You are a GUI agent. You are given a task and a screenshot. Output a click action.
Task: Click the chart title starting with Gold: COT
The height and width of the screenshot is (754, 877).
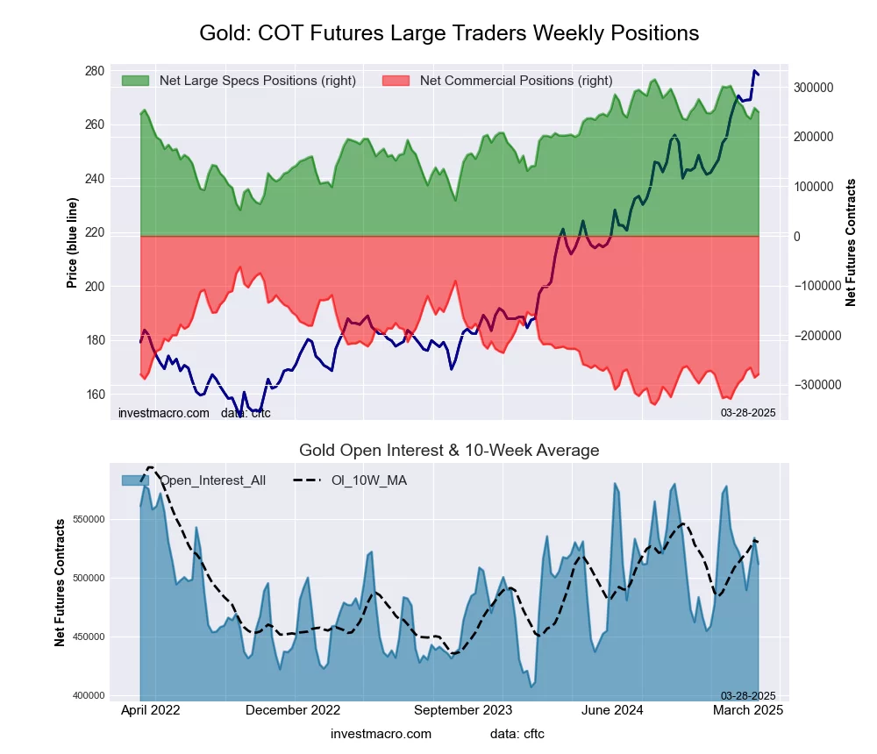(x=449, y=33)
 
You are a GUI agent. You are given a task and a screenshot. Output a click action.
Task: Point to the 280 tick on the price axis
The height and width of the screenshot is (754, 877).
(x=94, y=70)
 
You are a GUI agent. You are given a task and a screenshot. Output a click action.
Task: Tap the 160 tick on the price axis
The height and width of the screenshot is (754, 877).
(x=94, y=395)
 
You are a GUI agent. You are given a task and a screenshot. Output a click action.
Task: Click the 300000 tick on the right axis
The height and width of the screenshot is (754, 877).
(x=813, y=88)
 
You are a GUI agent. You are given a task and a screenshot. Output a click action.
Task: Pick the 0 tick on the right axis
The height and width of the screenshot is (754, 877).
(x=798, y=237)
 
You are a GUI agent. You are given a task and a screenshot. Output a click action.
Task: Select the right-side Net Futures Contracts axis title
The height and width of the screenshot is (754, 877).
(x=851, y=243)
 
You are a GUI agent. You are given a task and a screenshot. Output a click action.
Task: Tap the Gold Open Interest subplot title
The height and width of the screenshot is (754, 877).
(x=449, y=451)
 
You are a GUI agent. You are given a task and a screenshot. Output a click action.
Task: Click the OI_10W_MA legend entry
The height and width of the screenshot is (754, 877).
(x=368, y=480)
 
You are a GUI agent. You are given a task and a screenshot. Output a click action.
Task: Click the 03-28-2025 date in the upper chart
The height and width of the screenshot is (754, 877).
(x=748, y=412)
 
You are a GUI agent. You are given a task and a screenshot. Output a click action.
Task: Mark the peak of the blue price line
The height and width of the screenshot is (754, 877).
(x=754, y=70)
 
